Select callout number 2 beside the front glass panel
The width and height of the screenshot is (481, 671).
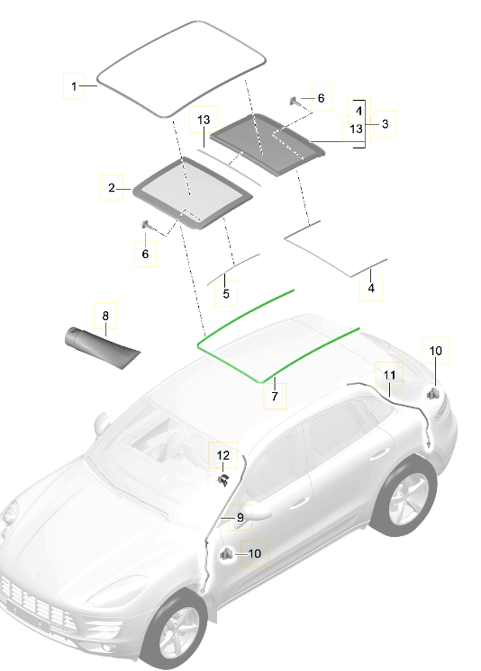(111, 188)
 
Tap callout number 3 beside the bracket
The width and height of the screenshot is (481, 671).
(385, 124)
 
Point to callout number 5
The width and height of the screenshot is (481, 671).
(225, 293)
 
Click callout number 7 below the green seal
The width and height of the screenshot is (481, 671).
(275, 396)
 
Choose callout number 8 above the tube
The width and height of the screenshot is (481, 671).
(104, 316)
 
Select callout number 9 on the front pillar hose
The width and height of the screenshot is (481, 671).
(240, 517)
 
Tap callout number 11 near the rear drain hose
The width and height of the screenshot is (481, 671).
(389, 373)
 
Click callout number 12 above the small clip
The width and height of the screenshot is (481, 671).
(222, 456)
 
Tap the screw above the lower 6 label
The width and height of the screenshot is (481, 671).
(144, 225)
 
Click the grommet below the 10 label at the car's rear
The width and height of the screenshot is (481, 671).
(433, 392)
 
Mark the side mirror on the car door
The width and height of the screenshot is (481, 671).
(255, 513)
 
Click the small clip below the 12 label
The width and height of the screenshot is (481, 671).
(221, 481)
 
